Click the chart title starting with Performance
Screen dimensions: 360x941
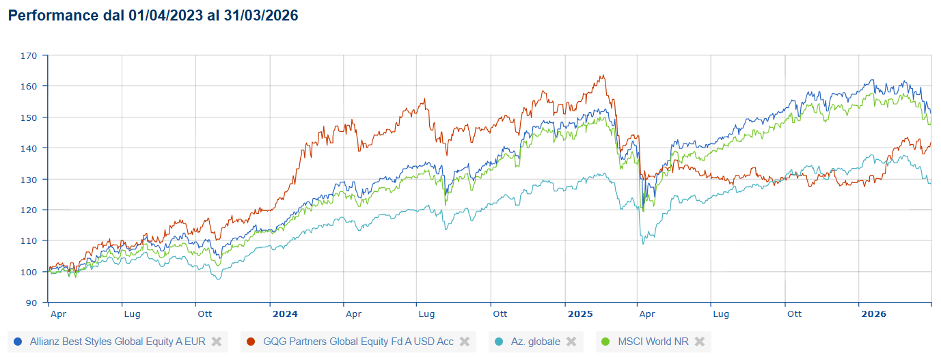(153, 16)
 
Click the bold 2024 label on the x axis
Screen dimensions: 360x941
(285, 314)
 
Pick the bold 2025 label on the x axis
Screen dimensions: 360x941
(580, 314)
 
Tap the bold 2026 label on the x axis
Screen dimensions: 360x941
(873, 314)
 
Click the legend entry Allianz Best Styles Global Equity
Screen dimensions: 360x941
(118, 342)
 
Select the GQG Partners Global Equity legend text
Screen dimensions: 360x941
(358, 342)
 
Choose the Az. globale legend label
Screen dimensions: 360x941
(536, 342)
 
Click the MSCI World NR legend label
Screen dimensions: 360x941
(653, 342)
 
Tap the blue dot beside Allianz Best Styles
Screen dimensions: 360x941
(18, 342)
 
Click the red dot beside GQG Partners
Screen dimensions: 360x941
(251, 342)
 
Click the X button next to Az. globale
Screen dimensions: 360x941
(571, 342)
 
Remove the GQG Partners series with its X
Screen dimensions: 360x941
(465, 342)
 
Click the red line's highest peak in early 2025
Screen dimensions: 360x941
(602, 76)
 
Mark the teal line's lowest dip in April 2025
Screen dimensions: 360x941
(643, 244)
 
